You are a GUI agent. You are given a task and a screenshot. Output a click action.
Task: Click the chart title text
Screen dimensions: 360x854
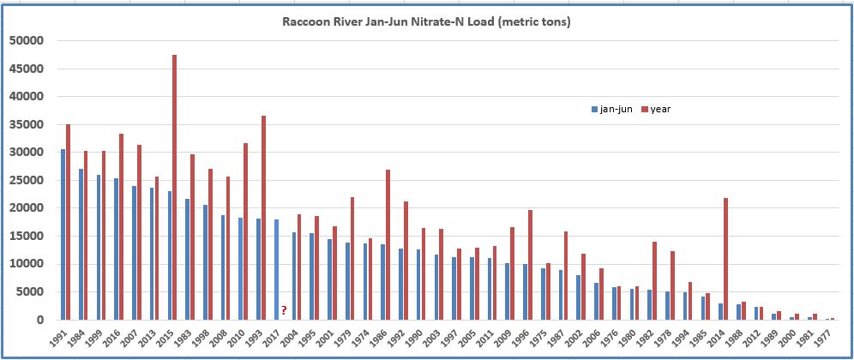pyautogui.click(x=426, y=21)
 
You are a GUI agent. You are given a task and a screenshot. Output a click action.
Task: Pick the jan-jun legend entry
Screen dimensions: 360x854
pyautogui.click(x=612, y=109)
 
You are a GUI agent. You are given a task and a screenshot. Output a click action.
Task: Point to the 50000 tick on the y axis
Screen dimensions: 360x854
pyautogui.click(x=25, y=40)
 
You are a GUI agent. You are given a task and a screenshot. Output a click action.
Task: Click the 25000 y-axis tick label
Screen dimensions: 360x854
pyautogui.click(x=25, y=180)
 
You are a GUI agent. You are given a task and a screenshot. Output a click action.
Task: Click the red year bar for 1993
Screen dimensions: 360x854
pyautogui.click(x=264, y=218)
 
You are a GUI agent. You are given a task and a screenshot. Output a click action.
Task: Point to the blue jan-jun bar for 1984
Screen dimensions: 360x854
pyautogui.click(x=81, y=243)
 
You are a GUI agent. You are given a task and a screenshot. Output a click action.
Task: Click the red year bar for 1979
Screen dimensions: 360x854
pyautogui.click(x=352, y=258)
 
